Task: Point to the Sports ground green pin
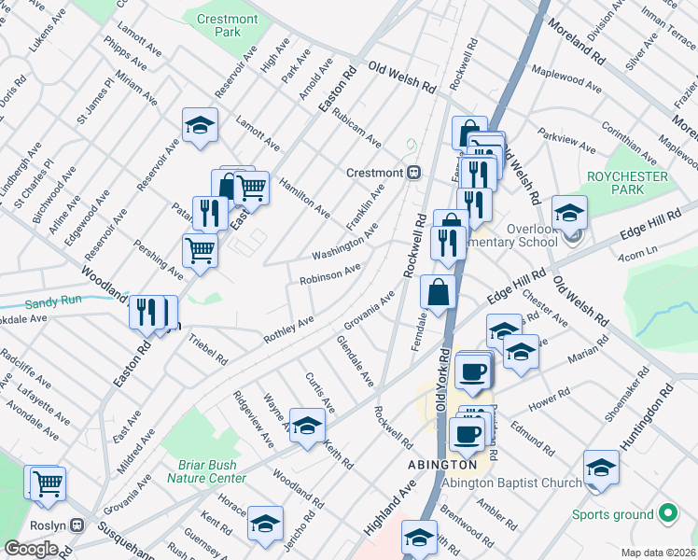point(667,512)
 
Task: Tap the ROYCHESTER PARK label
point(628,183)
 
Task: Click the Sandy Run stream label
point(54,301)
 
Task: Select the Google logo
point(31,548)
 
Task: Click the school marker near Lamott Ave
point(199,126)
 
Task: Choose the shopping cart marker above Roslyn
point(47,483)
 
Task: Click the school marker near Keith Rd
point(306,427)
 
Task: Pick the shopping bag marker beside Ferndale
point(438,291)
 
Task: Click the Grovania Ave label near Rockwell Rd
point(370,315)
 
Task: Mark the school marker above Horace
point(265,524)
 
